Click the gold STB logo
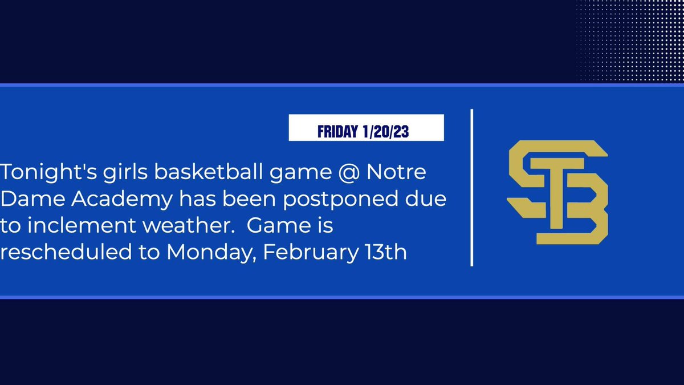click(557, 192)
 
